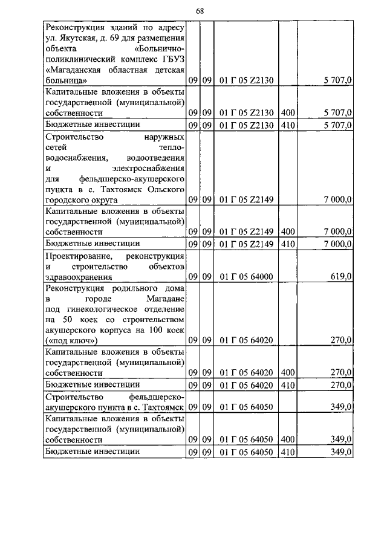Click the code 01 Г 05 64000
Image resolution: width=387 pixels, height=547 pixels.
point(246,276)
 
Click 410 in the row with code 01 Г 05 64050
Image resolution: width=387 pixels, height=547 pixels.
point(287,451)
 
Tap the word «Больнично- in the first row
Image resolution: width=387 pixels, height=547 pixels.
point(160,48)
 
